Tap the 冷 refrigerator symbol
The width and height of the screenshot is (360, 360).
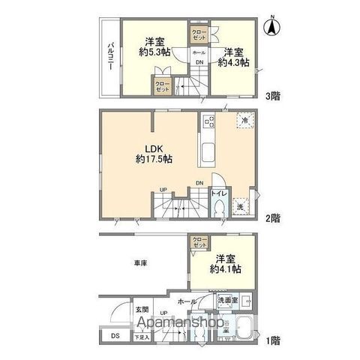click(x=244, y=120)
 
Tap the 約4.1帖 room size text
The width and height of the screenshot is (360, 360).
click(x=226, y=268)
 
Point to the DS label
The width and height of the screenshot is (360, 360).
click(x=113, y=335)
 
